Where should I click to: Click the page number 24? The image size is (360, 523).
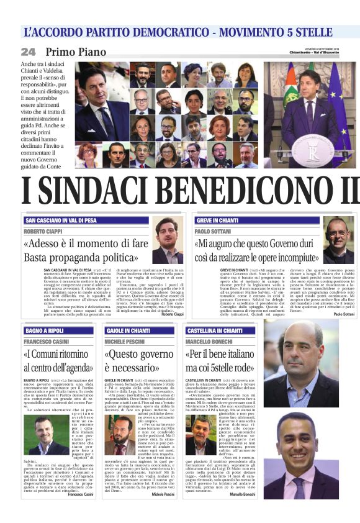[x=29, y=52]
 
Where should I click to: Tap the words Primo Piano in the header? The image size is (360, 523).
[x=76, y=52]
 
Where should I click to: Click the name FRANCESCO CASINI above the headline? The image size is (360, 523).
[x=47, y=342]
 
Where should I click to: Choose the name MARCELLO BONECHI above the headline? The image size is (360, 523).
[x=211, y=342]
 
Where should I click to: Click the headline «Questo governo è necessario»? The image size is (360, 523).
[x=139, y=361]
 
